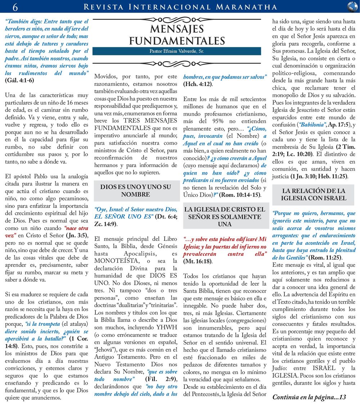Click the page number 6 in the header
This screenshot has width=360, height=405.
[15, 7]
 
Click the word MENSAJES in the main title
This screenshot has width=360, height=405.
[177, 29]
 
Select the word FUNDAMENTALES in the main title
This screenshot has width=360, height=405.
[177, 40]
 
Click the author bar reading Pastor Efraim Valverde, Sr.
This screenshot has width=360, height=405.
[177, 51]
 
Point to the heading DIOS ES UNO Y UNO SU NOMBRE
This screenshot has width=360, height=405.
[136, 191]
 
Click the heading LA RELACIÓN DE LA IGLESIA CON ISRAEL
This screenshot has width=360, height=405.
[314, 194]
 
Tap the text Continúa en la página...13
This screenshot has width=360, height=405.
[309, 397]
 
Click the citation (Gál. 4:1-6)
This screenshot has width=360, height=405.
[19, 80]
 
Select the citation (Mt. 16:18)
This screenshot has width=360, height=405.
[198, 261]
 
